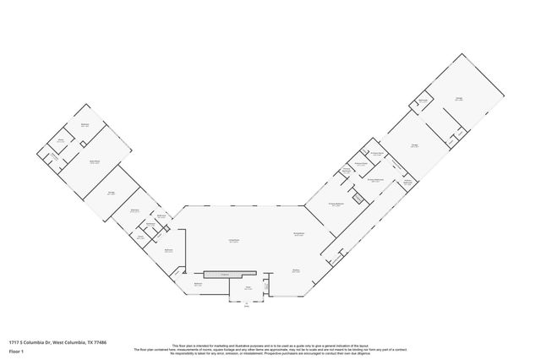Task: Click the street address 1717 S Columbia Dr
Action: (26, 341)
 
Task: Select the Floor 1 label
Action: (14, 350)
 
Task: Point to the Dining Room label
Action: (298, 234)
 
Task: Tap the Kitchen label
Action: (297, 270)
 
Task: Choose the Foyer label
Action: (249, 288)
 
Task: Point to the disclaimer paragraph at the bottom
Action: (270, 349)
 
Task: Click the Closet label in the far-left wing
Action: (61, 140)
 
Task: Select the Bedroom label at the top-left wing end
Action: (85, 124)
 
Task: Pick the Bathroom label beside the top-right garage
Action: (423, 101)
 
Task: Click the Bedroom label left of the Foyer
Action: (198, 285)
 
